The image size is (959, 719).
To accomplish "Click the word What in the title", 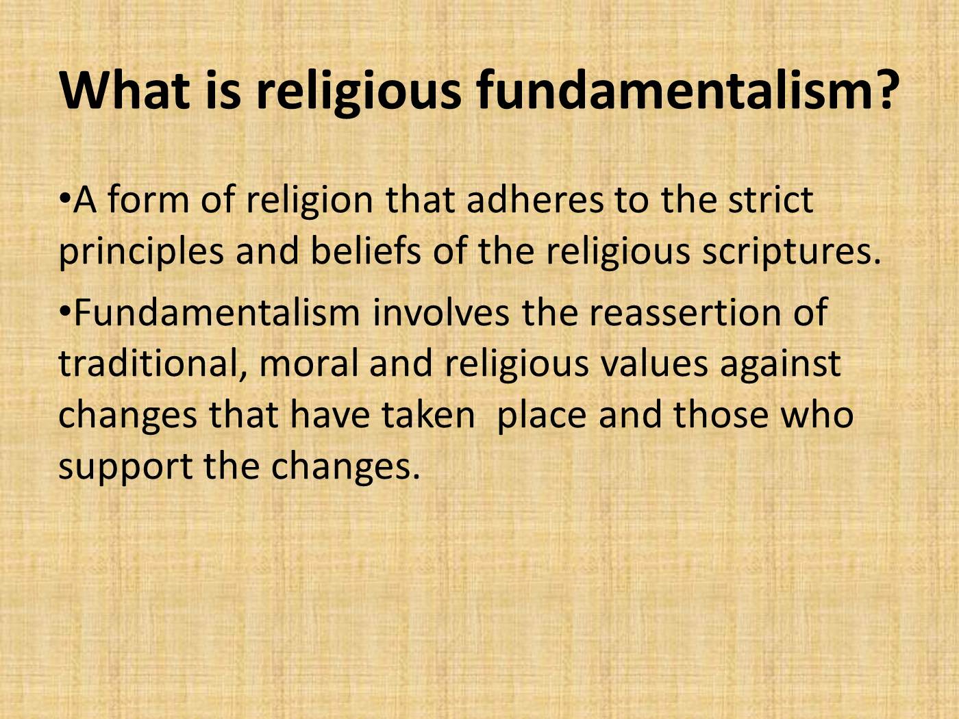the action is (x=125, y=90).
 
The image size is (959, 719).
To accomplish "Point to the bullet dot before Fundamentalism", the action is (x=65, y=312).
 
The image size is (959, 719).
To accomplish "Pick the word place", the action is (x=541, y=416).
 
